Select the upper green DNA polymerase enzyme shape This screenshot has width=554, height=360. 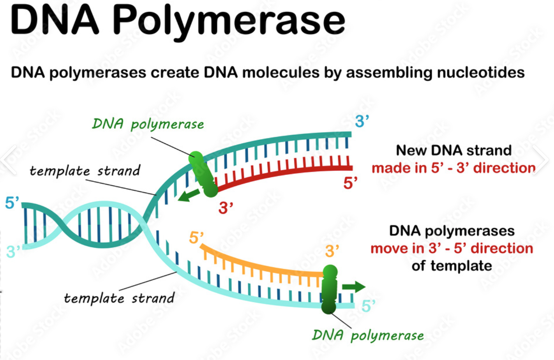pos(203,174)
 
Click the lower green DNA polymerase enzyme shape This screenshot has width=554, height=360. pos(329,289)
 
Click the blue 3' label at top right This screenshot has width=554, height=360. pos(362,122)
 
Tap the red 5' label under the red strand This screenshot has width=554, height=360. pos(350,183)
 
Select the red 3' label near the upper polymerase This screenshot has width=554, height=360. pos(226,208)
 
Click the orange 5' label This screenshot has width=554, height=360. pos(196,237)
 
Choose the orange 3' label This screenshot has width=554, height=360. pos(332,251)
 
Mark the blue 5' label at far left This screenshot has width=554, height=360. pos(12,203)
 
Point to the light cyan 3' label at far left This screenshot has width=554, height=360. pos(13,252)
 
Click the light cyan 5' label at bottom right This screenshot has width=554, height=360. pos(368,306)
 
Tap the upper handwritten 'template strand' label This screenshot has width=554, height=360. pos(85,171)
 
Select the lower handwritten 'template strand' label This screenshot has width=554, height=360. pos(119,298)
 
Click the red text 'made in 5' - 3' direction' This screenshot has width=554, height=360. pos(453,168)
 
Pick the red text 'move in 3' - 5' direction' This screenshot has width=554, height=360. pos(452,248)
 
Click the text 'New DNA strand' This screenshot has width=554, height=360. pos(453,150)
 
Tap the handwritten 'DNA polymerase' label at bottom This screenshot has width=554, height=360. pos(368,335)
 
